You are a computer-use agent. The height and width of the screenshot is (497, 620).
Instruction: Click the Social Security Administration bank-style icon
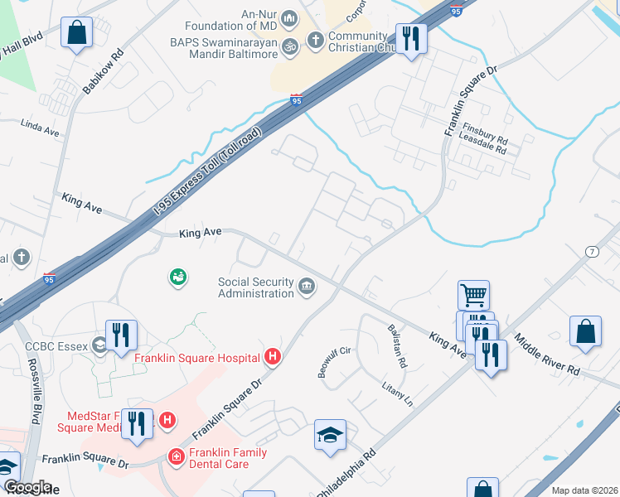pyautogui.click(x=307, y=287)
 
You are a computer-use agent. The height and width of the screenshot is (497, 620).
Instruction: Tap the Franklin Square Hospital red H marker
pyautogui.click(x=272, y=357)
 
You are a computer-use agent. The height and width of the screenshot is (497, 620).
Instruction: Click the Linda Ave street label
pyautogui.click(x=41, y=130)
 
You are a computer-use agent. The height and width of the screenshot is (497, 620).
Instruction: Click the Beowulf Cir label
pyautogui.click(x=335, y=362)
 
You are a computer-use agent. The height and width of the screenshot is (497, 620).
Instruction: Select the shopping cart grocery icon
pyautogui.click(x=473, y=294)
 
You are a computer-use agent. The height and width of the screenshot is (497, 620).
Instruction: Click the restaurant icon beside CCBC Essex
pyautogui.click(x=122, y=335)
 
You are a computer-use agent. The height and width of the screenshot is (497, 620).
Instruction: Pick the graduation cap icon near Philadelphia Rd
pyautogui.click(x=330, y=435)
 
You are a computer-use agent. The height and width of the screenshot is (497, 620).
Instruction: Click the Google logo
pyautogui.click(x=27, y=487)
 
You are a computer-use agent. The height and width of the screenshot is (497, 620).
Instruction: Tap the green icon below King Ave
pyautogui.click(x=177, y=277)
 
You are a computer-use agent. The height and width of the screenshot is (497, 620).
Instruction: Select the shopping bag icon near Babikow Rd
pyautogui.click(x=76, y=33)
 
